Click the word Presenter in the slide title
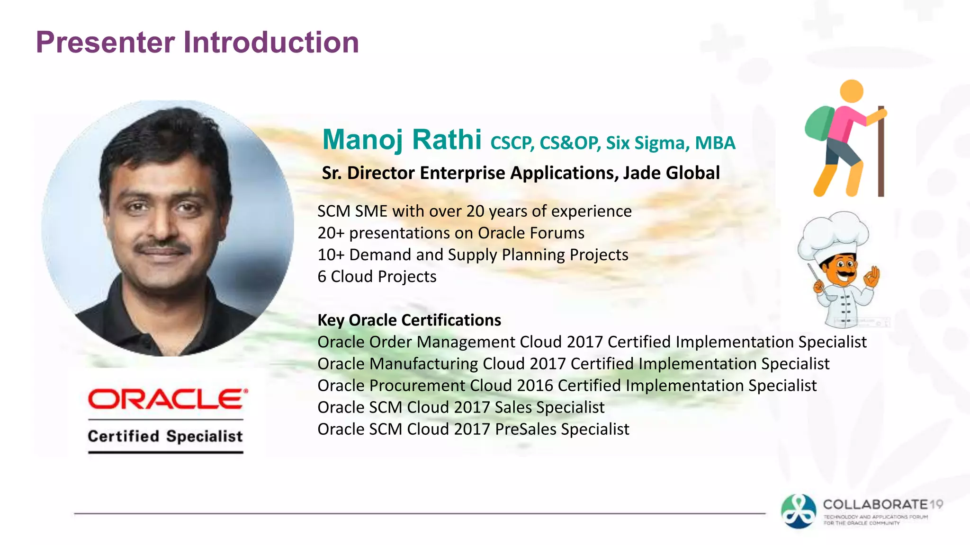tap(105, 43)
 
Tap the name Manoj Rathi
tap(402, 140)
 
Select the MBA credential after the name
tap(715, 143)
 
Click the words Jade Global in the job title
tap(671, 173)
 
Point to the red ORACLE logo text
tap(166, 399)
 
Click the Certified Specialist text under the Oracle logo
tap(165, 436)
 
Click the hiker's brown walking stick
tap(880, 156)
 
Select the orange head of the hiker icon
tap(851, 91)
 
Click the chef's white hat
tap(833, 234)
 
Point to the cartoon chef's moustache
tap(846, 273)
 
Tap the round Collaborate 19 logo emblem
tap(799, 511)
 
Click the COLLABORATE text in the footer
tap(875, 504)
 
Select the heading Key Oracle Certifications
tap(409, 320)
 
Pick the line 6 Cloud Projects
tap(377, 277)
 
